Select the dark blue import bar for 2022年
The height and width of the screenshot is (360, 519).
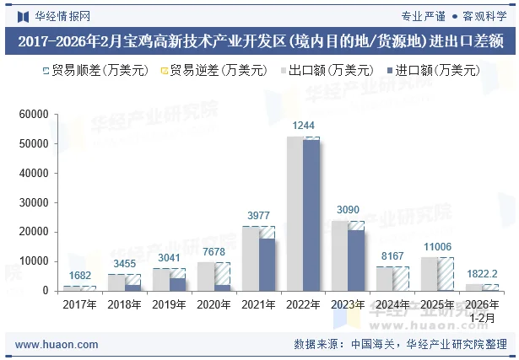(x=311, y=215)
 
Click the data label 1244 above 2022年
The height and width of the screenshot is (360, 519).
(x=303, y=126)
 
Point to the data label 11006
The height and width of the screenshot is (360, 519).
(x=438, y=246)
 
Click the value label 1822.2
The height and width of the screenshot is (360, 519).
(x=482, y=274)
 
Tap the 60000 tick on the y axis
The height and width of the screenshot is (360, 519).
(x=34, y=115)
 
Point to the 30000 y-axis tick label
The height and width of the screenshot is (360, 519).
(x=34, y=202)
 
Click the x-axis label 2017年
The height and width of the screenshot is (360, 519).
(x=79, y=305)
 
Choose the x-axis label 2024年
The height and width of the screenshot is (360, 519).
(x=392, y=305)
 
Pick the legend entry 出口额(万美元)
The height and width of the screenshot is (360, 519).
(x=325, y=70)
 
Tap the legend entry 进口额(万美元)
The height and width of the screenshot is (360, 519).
(x=431, y=70)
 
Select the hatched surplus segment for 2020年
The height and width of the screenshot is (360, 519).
(x=222, y=273)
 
